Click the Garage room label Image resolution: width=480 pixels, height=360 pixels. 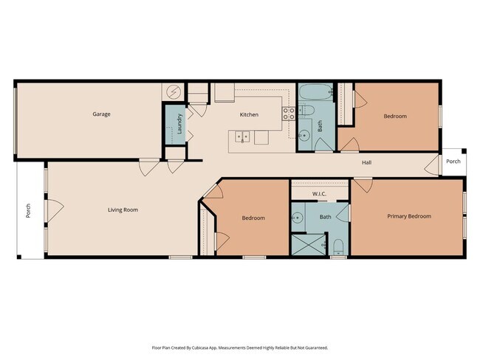point(101,114)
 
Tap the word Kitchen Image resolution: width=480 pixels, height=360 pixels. point(249,115)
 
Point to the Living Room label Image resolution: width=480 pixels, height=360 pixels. point(123,210)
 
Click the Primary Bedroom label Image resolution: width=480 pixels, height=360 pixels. point(408,216)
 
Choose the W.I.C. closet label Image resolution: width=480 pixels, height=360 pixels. point(319,194)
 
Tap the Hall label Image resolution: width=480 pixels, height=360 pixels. point(366,162)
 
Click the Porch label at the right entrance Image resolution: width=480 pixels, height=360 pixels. point(453,162)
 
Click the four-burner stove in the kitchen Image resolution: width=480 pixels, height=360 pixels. point(289,113)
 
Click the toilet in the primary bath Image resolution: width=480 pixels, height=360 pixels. point(337,246)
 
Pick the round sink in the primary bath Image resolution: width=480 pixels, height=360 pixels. point(298,218)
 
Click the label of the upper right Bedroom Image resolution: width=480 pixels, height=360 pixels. point(394,117)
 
